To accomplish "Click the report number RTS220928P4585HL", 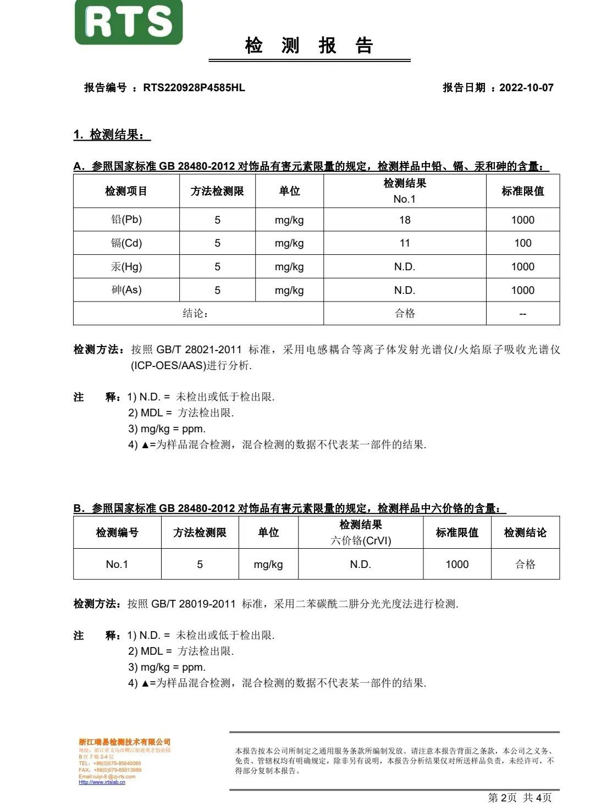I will [194, 88].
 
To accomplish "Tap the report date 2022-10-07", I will [526, 88].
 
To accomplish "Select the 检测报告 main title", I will [309, 46].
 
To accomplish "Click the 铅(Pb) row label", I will [126, 220].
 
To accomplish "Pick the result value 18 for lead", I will [405, 220].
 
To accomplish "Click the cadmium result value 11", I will [405, 243].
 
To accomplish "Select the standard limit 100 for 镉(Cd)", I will [522, 243].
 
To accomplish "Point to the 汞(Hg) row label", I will [126, 267].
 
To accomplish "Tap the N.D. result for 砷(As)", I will [405, 290].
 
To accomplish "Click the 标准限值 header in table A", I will [522, 191].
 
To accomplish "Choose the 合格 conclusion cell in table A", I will [405, 314].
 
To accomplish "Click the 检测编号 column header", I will [117, 532].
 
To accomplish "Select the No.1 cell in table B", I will [117, 564].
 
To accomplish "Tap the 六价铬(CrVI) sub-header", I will [361, 540].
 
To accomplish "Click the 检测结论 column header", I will [525, 532].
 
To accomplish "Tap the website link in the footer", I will [102, 782].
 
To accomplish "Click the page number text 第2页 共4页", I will [520, 798].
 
